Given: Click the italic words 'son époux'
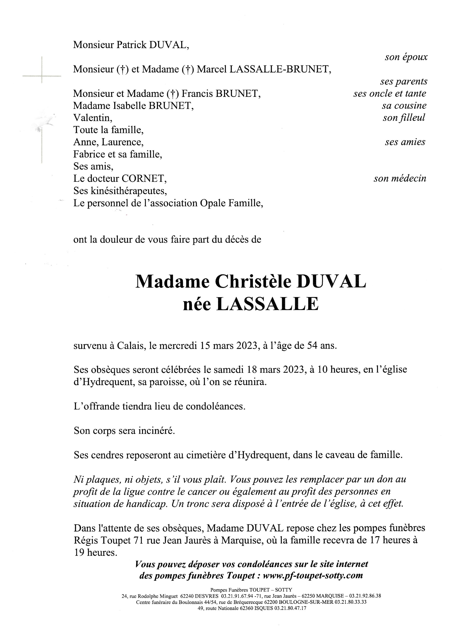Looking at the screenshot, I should (406, 57).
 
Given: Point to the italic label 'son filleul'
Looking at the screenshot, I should (404, 118).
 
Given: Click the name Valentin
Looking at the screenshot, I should (93, 118).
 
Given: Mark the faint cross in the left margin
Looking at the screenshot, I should (42, 75).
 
